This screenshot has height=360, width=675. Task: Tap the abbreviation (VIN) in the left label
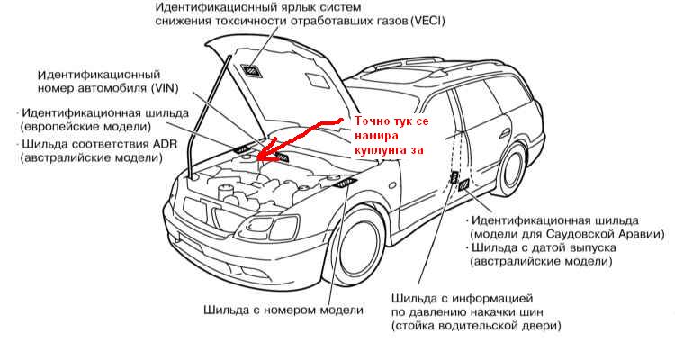click(x=165, y=89)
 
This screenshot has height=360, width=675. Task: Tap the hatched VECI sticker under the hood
click(x=249, y=69)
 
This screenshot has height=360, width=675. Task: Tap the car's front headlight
click(x=268, y=227)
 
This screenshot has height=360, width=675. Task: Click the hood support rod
click(x=208, y=115)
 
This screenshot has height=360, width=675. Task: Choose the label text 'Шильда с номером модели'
click(x=283, y=310)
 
